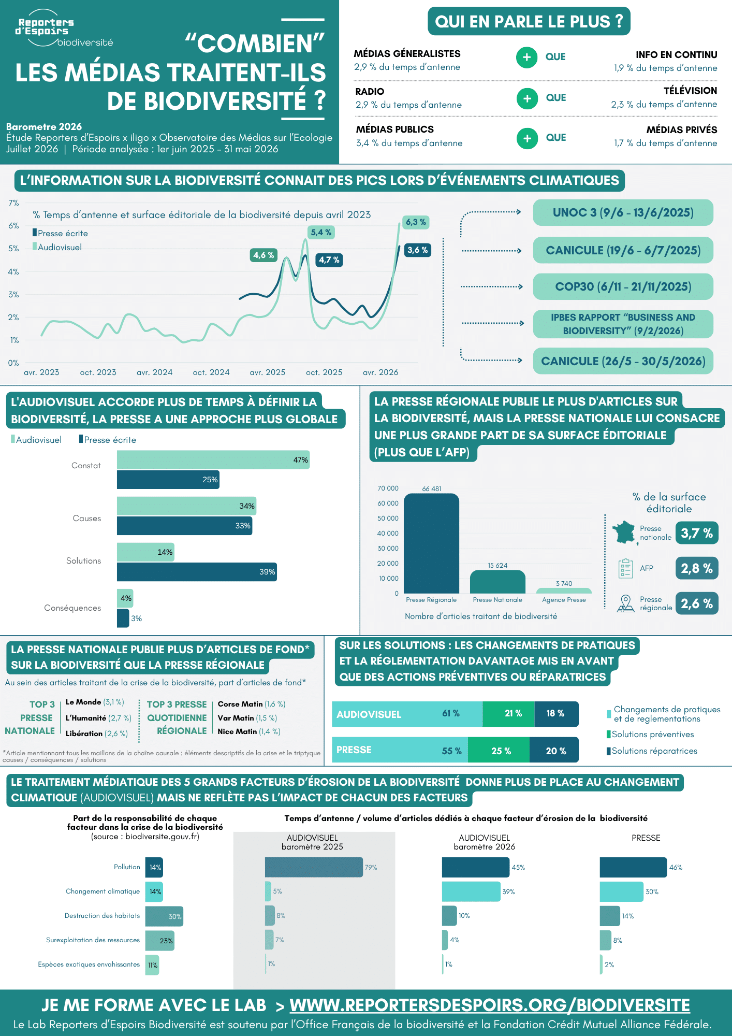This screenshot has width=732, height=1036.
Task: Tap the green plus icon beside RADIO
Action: (527, 98)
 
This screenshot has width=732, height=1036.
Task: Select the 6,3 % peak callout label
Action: (416, 222)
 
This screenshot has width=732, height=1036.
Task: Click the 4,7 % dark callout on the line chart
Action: (329, 260)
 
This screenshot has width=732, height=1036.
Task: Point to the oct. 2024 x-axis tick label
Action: (211, 372)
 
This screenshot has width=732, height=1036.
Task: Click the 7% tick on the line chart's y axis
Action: (13, 203)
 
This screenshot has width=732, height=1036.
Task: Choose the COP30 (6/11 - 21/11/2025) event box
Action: (623, 286)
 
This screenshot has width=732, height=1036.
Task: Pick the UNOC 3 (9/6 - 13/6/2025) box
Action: (623, 212)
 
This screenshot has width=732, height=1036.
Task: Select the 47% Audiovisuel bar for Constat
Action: (213, 460)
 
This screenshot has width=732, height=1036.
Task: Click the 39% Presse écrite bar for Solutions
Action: (197, 572)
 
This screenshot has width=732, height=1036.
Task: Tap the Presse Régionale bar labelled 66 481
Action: (431, 543)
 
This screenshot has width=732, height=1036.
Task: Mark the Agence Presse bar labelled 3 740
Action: (564, 591)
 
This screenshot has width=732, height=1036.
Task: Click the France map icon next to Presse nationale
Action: (624, 532)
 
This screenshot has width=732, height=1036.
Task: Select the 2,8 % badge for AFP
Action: (697, 568)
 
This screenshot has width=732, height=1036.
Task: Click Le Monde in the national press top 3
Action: (83, 702)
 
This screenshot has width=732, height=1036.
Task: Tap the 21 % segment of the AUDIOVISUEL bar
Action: (509, 714)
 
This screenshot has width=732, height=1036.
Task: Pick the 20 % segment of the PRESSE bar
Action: (554, 750)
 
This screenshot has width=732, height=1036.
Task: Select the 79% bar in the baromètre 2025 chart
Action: (314, 867)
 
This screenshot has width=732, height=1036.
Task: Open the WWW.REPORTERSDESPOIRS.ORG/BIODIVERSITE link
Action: (490, 1005)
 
